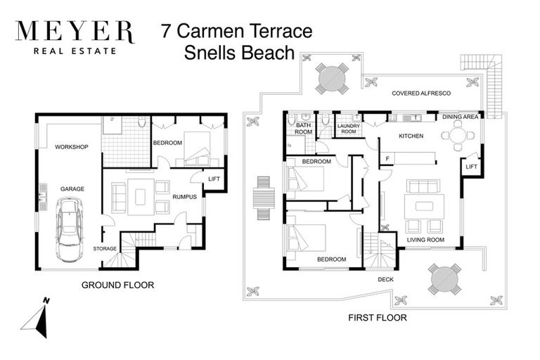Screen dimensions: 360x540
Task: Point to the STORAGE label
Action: [105, 249]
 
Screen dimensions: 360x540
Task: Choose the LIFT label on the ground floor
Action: [214, 179]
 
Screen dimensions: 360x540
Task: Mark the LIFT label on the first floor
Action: [472, 167]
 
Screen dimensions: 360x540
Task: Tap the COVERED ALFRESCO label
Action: [421, 93]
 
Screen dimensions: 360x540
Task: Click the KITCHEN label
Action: [411, 136]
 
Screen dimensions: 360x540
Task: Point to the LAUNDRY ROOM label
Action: [349, 129]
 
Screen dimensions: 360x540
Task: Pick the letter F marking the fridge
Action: [387, 159]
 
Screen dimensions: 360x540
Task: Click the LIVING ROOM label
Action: [425, 240]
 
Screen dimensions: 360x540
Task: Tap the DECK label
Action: [386, 278]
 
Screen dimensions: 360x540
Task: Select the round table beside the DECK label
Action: [444, 278]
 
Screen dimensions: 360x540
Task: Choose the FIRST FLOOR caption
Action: [378, 318]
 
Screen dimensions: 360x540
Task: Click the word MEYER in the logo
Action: [74, 32]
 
